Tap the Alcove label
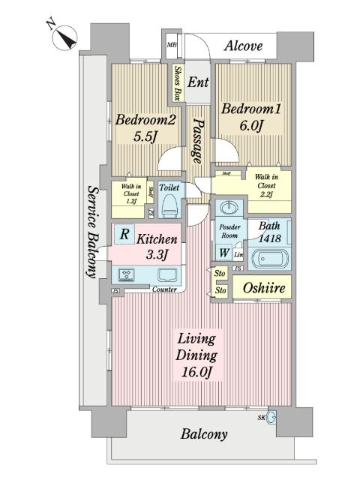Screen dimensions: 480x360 244,46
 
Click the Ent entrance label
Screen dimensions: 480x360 198,82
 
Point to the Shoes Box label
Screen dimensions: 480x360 178,84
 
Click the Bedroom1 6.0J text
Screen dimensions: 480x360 250,118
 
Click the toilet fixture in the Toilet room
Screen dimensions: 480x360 170,205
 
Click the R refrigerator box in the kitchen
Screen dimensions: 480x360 123,235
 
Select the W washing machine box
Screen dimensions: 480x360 223,253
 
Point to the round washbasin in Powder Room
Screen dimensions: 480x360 228,208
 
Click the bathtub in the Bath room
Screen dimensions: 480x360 268,259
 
